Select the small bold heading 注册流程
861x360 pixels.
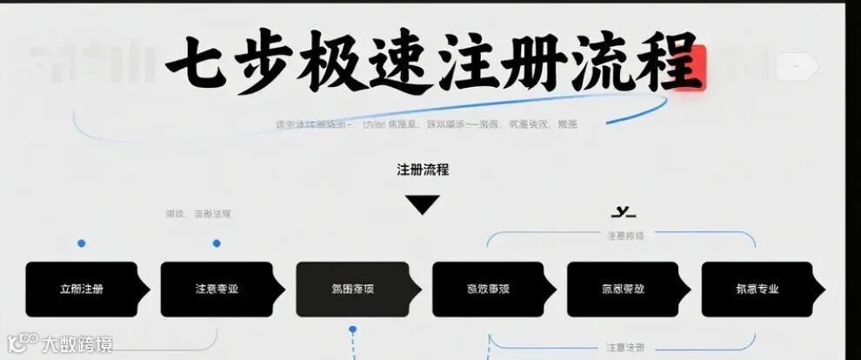coord(423,170)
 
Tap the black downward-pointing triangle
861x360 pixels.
coord(423,205)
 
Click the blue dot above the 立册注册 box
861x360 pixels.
coord(82,243)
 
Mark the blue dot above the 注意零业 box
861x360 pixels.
coord(217,243)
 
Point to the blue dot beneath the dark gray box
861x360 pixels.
coord(353,330)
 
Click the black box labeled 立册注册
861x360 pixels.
coord(82,289)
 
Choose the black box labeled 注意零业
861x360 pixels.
coord(217,289)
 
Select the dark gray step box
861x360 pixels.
coord(353,289)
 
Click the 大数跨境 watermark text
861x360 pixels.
coord(78,344)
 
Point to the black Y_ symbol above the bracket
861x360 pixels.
coord(624,211)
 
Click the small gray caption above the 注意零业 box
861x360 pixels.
coord(198,213)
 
